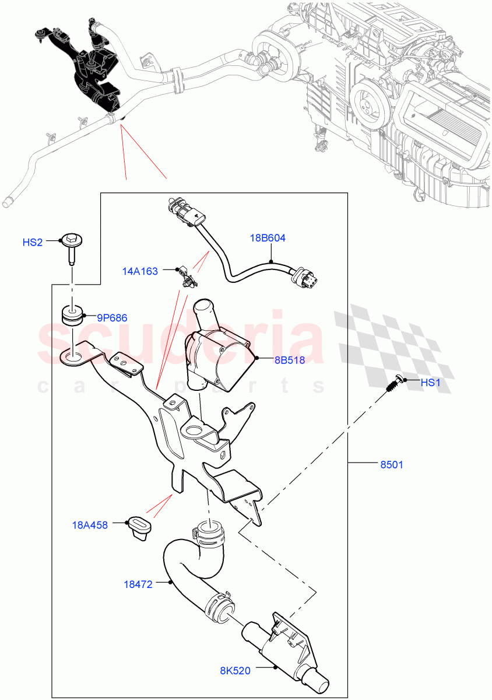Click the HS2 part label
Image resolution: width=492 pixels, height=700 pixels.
32,242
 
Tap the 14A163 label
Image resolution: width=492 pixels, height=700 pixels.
140,271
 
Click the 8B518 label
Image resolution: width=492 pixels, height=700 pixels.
290,360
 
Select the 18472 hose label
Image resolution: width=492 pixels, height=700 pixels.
138,584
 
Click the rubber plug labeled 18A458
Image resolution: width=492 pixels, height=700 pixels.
139,528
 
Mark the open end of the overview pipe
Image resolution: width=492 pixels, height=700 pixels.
7,203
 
